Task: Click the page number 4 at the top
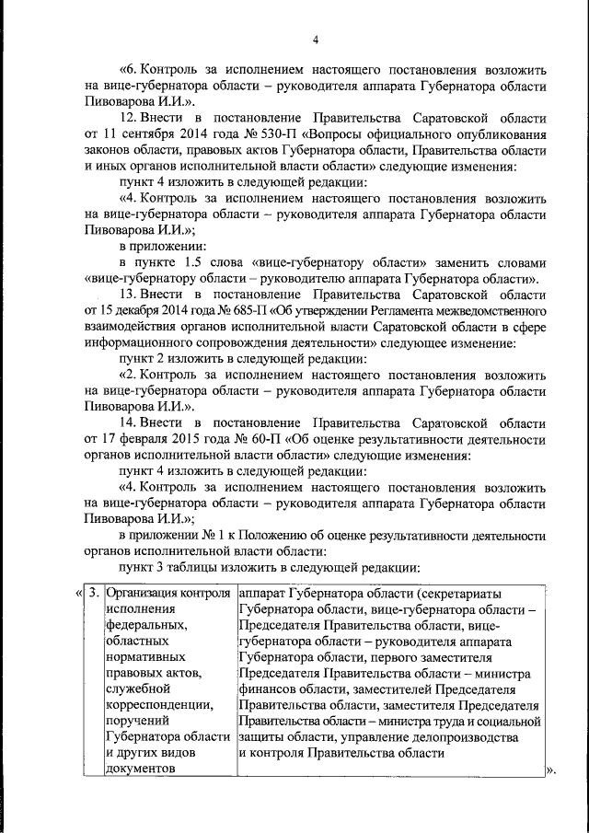click(x=316, y=39)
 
